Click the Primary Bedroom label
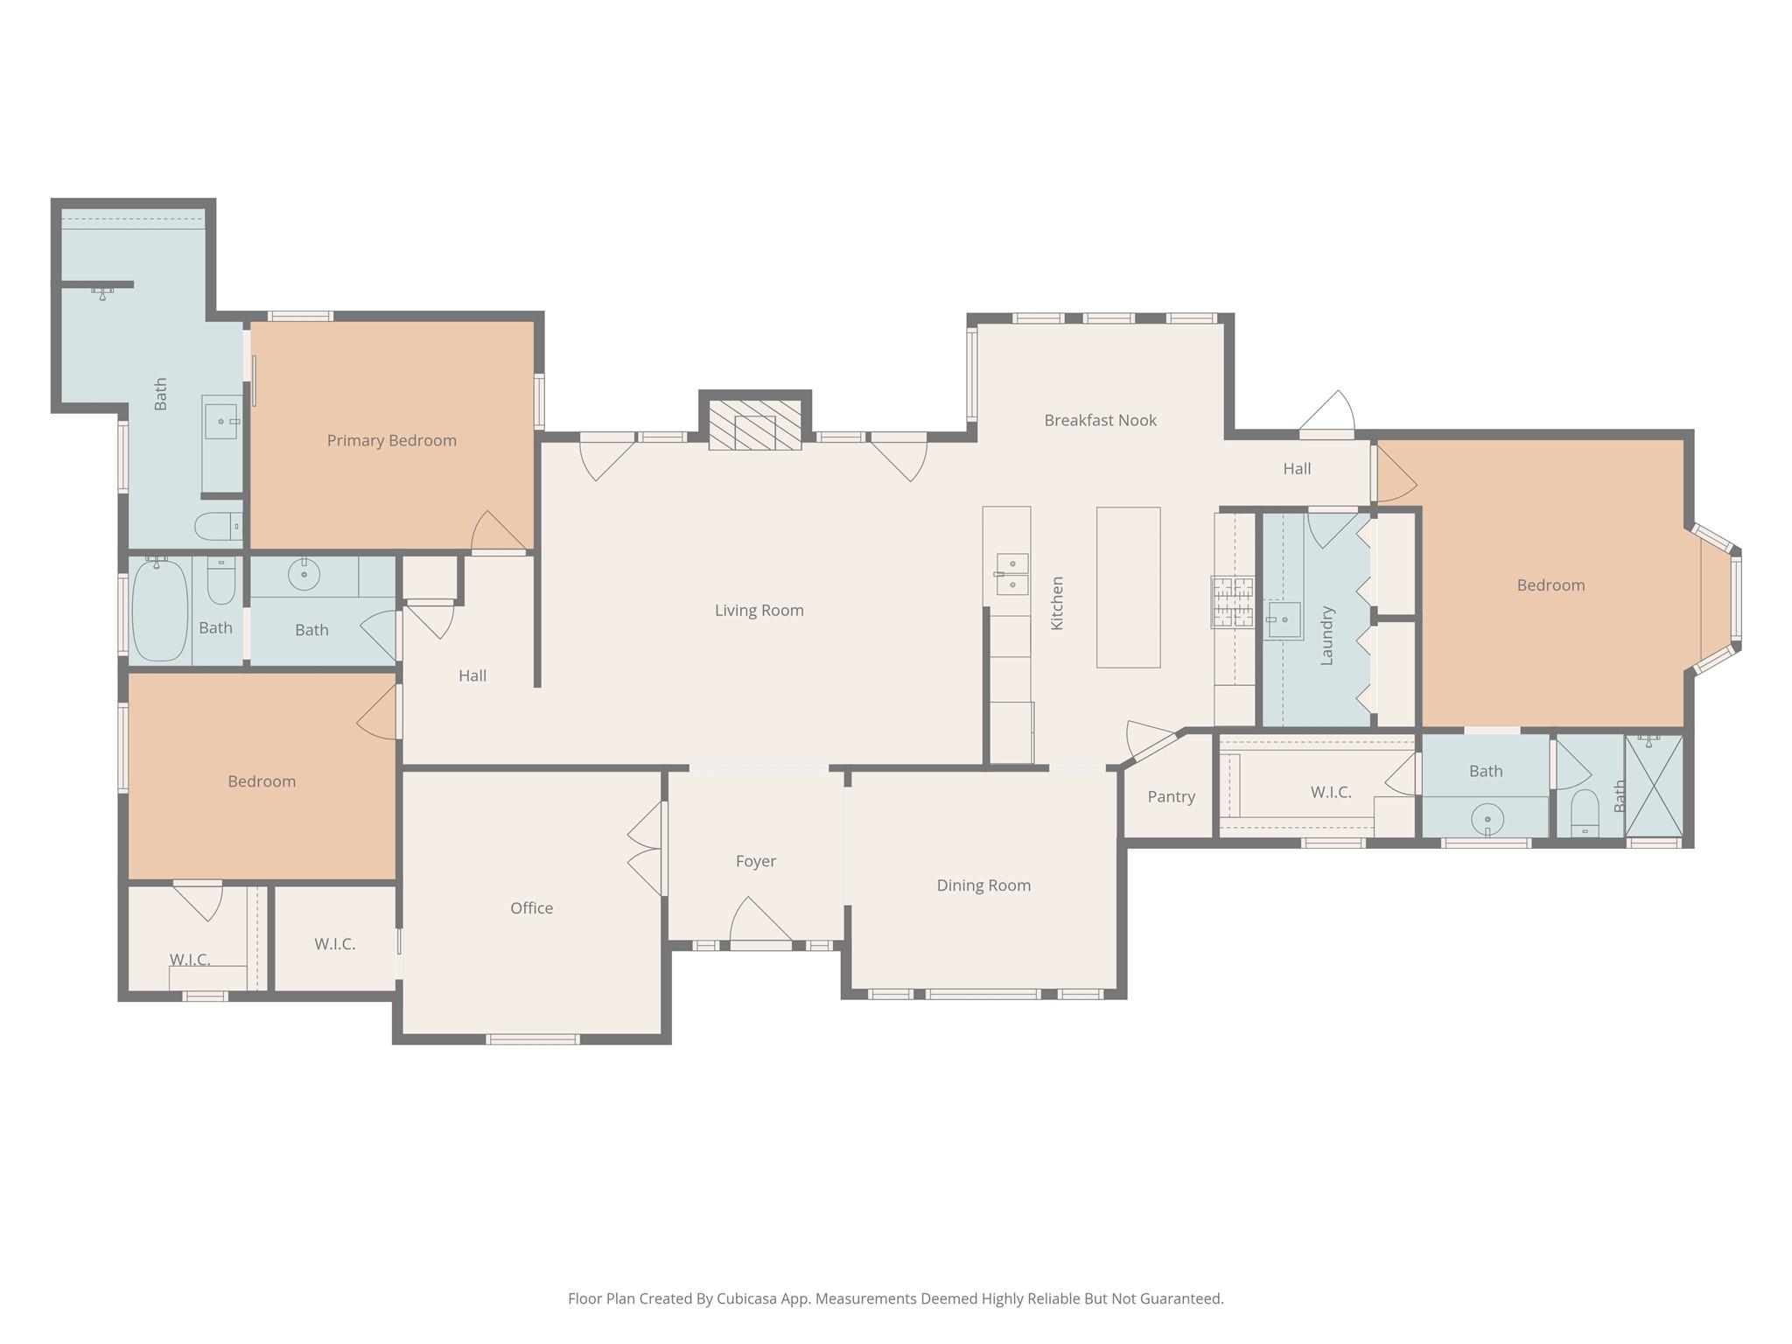(x=392, y=440)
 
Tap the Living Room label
(x=759, y=610)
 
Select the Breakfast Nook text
(x=1100, y=420)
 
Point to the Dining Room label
(x=983, y=885)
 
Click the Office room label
(x=531, y=908)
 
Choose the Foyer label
(x=755, y=861)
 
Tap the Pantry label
(x=1171, y=796)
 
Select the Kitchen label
(x=1057, y=603)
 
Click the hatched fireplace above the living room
(x=755, y=425)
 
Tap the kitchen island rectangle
(x=1128, y=587)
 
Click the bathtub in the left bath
(x=159, y=610)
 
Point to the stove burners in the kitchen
(x=1233, y=602)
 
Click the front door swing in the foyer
(x=760, y=921)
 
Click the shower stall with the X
(x=1654, y=786)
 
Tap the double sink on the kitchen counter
(x=1011, y=574)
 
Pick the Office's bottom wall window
(x=532, y=1039)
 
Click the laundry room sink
(x=1284, y=620)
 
